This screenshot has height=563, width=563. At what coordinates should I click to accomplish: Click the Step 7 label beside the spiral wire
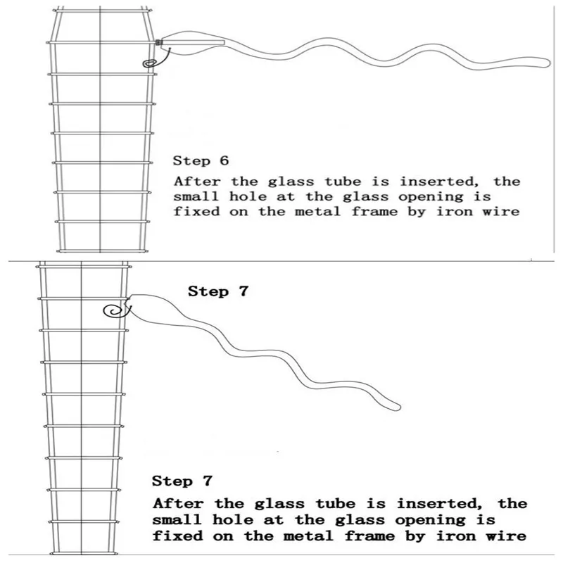[217, 291]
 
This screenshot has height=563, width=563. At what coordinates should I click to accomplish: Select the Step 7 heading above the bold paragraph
[182, 482]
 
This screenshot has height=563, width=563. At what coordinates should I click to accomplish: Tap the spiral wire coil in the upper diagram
[150, 63]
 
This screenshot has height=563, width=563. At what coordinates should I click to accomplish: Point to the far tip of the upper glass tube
[543, 62]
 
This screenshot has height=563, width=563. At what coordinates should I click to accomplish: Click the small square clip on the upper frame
[159, 44]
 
